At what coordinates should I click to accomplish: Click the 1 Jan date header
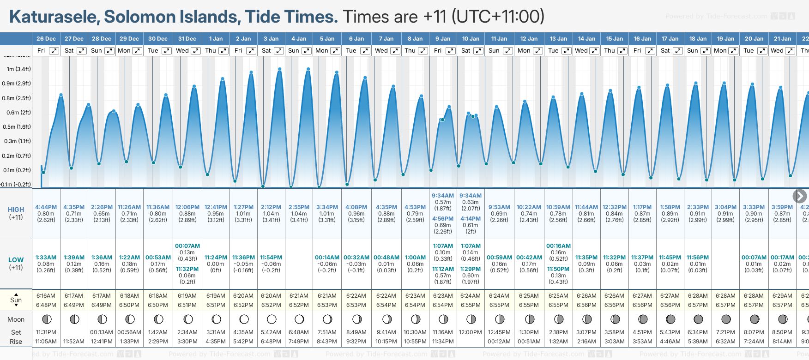tap(216, 39)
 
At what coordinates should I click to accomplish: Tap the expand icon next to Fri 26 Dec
tap(54, 51)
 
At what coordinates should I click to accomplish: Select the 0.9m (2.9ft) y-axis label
tap(16, 84)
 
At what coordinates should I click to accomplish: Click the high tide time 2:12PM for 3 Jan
tap(271, 207)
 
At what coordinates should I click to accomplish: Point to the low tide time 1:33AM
tap(46, 258)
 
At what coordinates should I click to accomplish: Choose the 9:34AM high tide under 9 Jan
tap(443, 196)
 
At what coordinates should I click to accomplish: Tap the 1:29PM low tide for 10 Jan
tap(471, 269)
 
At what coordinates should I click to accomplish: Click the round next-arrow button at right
tap(800, 196)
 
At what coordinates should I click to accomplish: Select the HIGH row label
tap(16, 210)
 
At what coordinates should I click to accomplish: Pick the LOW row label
tap(16, 260)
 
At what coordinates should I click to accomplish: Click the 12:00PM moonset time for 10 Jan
tap(471, 332)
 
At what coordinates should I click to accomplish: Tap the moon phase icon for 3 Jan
tap(272, 319)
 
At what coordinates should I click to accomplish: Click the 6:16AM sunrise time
tap(46, 296)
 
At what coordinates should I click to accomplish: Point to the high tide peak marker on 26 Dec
tap(61, 95)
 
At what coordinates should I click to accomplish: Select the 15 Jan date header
tap(615, 39)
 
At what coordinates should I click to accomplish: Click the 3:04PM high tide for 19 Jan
tap(725, 207)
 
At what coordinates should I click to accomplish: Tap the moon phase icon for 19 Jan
tap(726, 319)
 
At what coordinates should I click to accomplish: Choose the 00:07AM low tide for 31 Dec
tap(187, 246)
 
